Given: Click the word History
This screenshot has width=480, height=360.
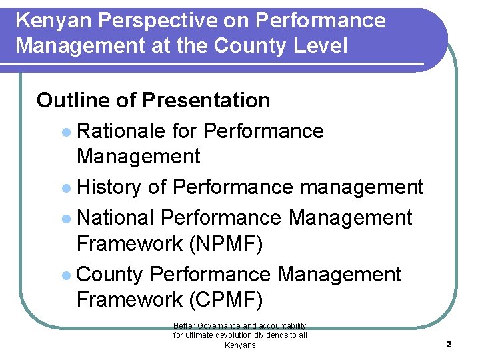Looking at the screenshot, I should point(109,187).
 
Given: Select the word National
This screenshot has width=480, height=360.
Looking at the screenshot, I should point(116,218).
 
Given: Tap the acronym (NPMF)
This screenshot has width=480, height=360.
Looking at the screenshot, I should point(227,244).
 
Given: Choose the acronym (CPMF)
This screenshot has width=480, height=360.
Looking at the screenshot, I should point(227,300).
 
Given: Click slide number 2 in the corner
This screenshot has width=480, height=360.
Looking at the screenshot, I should point(449,345).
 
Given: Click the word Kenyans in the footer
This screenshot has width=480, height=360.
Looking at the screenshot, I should point(240,345).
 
